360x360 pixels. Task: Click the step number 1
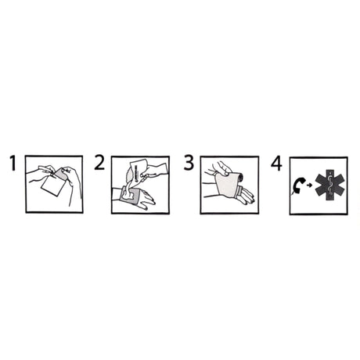(x=13, y=164)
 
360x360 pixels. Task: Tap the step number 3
(x=188, y=164)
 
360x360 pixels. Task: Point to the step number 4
(x=276, y=164)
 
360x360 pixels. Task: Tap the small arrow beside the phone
(x=311, y=186)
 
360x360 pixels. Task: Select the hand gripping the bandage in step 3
(x=221, y=168)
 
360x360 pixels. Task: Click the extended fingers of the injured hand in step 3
(x=245, y=199)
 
